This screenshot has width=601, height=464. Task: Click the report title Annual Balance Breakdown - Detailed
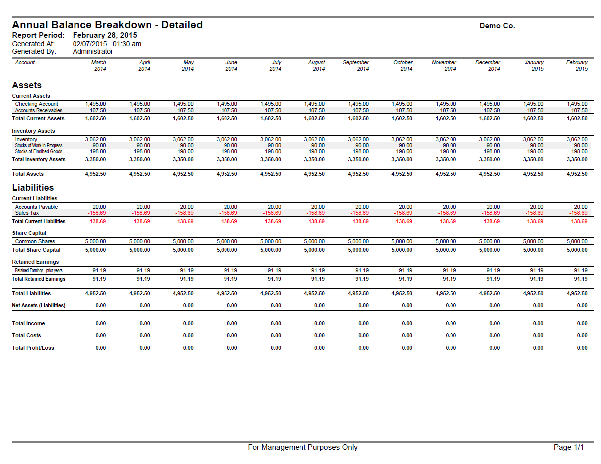click(107, 25)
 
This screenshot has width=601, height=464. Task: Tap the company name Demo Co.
click(497, 26)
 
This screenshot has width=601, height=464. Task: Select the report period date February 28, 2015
click(105, 35)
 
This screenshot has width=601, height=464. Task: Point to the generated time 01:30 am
click(127, 44)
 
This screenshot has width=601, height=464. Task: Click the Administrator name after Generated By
click(93, 52)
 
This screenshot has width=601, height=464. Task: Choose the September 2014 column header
click(356, 66)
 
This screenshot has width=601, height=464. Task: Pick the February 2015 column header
click(577, 66)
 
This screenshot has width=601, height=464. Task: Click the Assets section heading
click(27, 85)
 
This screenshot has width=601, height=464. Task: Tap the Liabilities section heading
click(33, 187)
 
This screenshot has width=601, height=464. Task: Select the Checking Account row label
click(37, 104)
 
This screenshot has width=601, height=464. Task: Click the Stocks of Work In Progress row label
click(39, 145)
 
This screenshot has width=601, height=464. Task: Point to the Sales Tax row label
click(27, 213)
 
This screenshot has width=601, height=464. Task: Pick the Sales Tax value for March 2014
click(97, 213)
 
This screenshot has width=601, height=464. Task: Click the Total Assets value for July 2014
click(271, 174)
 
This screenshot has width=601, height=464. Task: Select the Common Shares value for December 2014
click(490, 241)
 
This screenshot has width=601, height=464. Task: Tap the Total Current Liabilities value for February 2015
click(578, 221)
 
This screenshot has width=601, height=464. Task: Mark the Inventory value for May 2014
click(183, 139)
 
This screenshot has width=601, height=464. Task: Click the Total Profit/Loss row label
click(33, 348)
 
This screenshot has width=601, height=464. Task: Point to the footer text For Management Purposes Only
click(302, 447)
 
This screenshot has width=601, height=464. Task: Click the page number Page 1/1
click(569, 447)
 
